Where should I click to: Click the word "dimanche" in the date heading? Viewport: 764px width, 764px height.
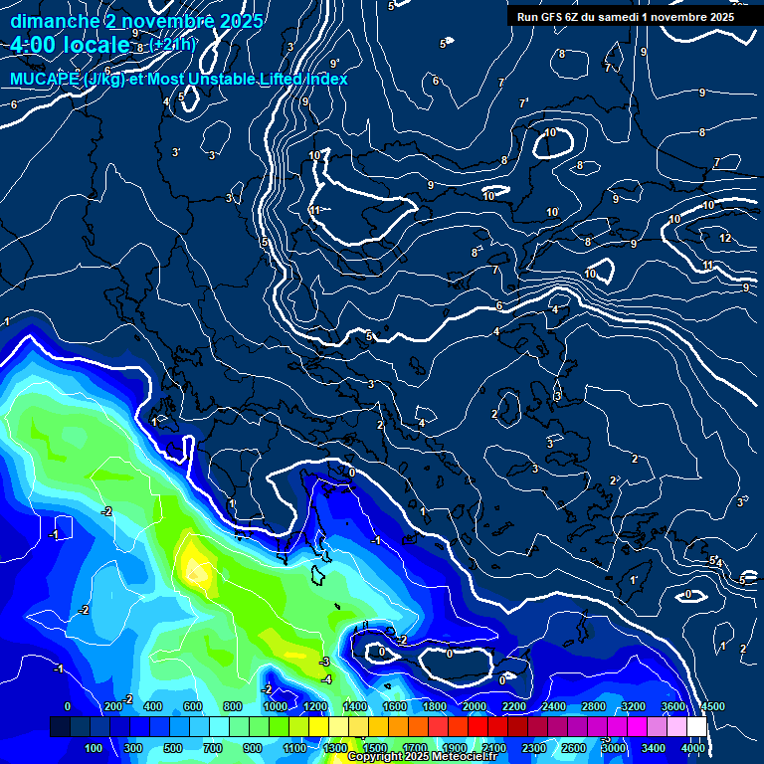coord(49,21)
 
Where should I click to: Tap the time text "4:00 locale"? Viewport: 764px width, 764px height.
coord(71,45)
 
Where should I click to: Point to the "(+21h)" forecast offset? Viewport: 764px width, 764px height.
coord(172,44)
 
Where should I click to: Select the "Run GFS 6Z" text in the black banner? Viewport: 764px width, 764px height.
coord(553,17)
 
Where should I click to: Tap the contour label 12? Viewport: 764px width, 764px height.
coord(724,238)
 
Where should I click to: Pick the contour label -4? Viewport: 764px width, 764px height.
coord(326,679)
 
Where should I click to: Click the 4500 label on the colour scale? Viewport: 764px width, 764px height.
coord(712,706)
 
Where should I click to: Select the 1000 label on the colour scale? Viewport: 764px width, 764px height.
coord(275,706)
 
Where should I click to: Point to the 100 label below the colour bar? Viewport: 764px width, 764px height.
coord(95,748)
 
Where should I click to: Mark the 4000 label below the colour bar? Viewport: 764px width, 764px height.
coord(693,748)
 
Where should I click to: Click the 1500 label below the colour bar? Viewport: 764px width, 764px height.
coord(375,748)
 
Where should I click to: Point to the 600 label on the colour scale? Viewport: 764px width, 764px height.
coord(193,706)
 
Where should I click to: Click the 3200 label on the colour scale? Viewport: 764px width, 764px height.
coord(633,706)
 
